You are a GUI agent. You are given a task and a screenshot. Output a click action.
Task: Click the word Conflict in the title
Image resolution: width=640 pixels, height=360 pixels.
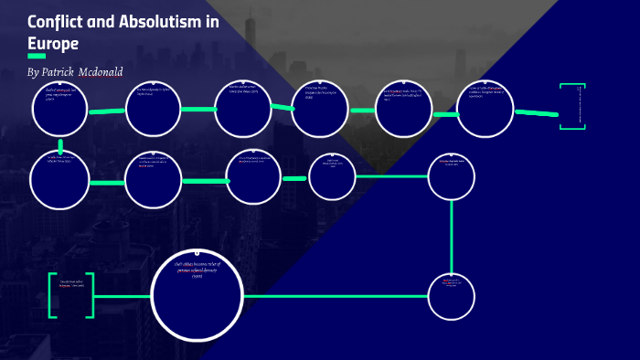click(x=56, y=22)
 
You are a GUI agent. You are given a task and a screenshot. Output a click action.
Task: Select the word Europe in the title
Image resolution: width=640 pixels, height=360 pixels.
click(x=53, y=43)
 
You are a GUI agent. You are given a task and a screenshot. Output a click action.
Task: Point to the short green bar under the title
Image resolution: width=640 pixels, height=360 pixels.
click(x=37, y=57)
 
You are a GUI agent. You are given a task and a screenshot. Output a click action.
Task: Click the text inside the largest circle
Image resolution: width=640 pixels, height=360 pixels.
click(x=197, y=270)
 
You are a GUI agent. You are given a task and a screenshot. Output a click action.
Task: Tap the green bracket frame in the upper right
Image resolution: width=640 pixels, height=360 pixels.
click(x=572, y=107)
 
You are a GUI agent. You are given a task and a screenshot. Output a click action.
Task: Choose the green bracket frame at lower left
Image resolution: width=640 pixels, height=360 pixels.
click(x=71, y=296)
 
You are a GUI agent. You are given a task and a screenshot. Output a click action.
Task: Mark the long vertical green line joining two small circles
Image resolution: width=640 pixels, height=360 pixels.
click(x=452, y=234)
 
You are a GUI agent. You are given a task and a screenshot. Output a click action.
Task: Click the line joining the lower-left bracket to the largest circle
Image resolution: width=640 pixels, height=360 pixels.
click(x=123, y=296)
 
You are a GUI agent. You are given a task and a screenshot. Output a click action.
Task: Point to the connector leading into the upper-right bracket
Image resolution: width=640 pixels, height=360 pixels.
click(x=536, y=113)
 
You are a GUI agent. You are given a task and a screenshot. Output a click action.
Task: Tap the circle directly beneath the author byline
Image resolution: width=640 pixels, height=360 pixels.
click(x=59, y=109)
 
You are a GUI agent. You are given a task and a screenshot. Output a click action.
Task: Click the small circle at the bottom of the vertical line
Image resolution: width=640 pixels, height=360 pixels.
click(x=452, y=296)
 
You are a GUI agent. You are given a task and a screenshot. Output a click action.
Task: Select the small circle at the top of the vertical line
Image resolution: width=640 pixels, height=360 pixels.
click(x=452, y=175)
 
